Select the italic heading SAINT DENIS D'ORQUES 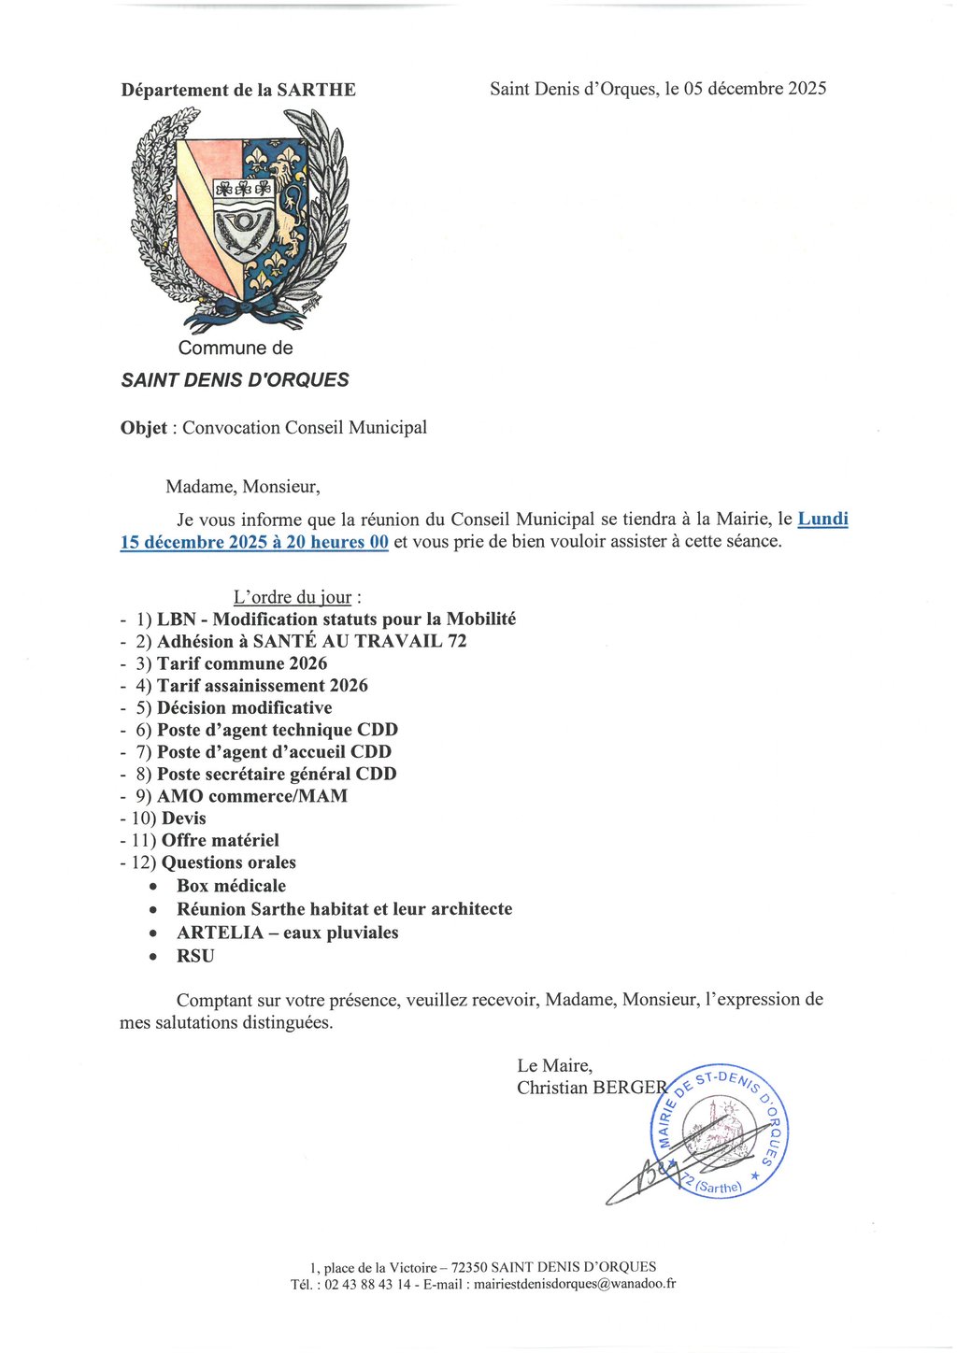pos(235,380)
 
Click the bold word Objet pos(144,428)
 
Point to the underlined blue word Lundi pos(822,519)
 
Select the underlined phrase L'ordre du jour pos(293,597)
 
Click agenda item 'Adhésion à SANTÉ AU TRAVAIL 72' pos(311,641)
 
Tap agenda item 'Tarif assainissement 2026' pos(262,686)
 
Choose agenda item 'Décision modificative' pos(244,708)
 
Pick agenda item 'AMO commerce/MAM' pos(252,796)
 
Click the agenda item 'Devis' pos(184,819)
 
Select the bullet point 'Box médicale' pos(231,886)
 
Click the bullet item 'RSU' pos(195,956)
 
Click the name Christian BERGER pos(592,1088)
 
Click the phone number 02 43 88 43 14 pos(367,1284)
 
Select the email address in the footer pos(575,1284)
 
